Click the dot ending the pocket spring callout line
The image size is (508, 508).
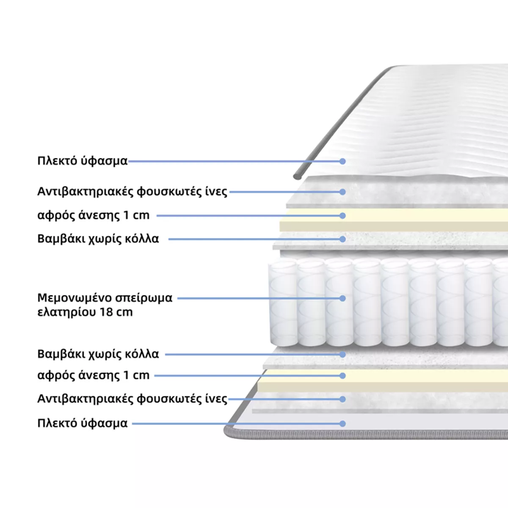pyautogui.click(x=342, y=298)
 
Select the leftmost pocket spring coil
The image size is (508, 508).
pyautogui.click(x=282, y=303)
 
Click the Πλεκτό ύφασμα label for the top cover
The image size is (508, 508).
pyautogui.click(x=83, y=161)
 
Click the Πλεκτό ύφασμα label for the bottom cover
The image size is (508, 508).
pyautogui.click(x=83, y=423)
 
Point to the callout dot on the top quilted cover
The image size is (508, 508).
pyautogui.click(x=342, y=161)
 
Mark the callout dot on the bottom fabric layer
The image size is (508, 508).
pyautogui.click(x=342, y=423)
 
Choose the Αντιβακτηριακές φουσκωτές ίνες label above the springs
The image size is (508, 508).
pyautogui.click(x=132, y=192)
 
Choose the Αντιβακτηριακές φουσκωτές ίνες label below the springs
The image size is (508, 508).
pyautogui.click(x=132, y=399)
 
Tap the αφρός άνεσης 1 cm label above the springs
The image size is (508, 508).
pyautogui.click(x=94, y=215)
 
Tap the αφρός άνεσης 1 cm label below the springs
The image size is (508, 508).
pyautogui.click(x=94, y=375)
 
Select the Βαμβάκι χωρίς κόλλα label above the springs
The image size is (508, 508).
pyautogui.click(x=98, y=239)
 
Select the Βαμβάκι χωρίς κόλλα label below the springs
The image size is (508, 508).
pyautogui.click(x=98, y=354)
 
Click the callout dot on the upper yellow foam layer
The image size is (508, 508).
pyautogui.click(x=342, y=215)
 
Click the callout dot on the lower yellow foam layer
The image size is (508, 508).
pyautogui.click(x=342, y=375)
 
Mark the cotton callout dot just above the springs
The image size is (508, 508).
pyautogui.click(x=342, y=239)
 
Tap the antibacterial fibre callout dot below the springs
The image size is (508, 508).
pyautogui.click(x=342, y=399)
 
